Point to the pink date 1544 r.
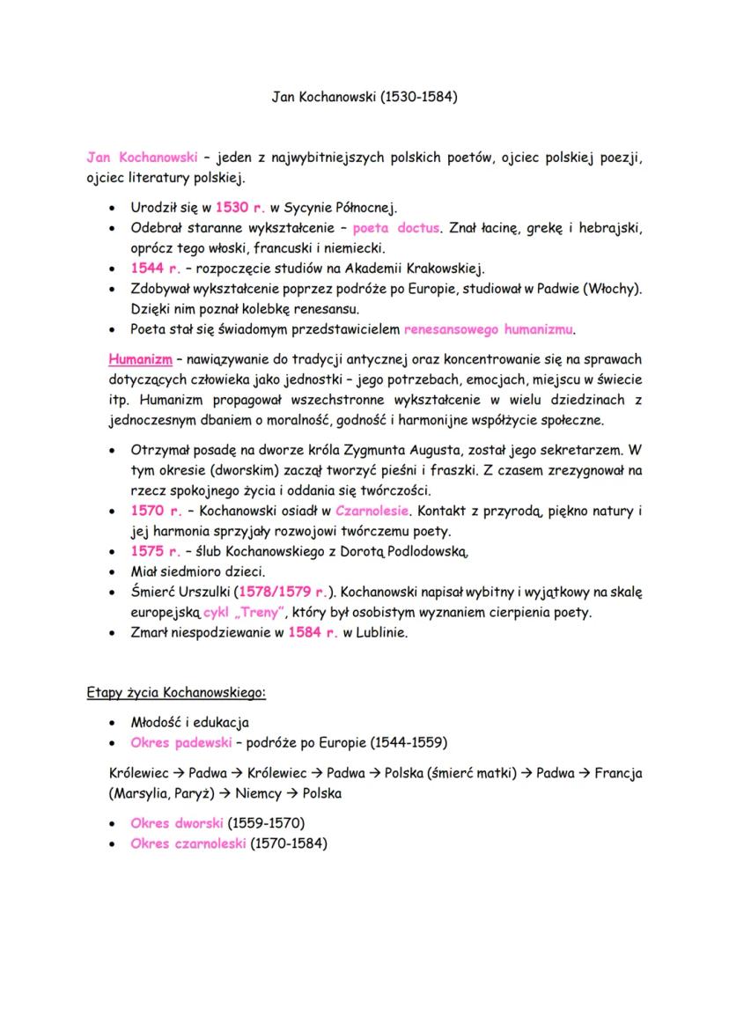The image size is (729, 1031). [x=155, y=268]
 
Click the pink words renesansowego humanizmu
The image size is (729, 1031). [x=490, y=329]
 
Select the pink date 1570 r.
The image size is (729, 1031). [x=155, y=511]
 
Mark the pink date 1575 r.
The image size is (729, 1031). [x=155, y=551]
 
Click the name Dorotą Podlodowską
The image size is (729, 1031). [x=410, y=552]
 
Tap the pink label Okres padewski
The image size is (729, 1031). [x=180, y=742]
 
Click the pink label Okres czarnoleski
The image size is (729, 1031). [x=187, y=843]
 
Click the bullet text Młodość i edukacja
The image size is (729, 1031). [x=189, y=722]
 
